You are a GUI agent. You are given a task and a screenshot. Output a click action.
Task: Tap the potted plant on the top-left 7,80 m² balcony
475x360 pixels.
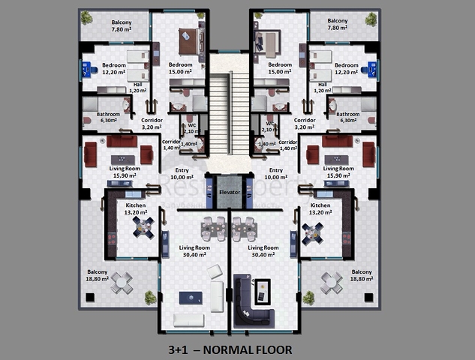pos(87,18)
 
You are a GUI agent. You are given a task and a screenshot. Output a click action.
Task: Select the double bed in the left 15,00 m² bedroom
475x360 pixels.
pos(188,41)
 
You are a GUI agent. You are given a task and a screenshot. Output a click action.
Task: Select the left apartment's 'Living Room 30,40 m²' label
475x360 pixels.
pos(193,251)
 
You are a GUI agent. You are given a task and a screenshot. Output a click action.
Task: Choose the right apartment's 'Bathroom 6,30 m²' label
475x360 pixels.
pos(348,118)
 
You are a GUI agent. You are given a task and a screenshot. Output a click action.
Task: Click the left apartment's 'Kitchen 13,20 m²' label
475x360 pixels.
pos(136,208)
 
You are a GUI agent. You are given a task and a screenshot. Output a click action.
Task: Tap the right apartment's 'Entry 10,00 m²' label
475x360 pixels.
pos(276,174)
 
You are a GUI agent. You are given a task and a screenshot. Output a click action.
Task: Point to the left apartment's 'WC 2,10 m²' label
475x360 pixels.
pos(192,128)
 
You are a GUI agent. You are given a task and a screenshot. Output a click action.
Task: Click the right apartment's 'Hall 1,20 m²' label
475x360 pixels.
pos(322,88)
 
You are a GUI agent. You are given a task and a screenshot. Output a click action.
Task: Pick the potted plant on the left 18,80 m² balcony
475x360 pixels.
pos(150,298)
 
